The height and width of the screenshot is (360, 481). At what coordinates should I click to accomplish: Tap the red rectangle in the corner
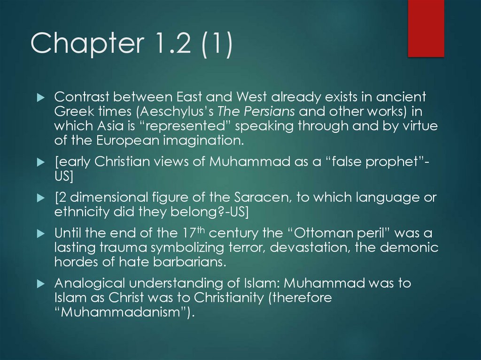point(426,28)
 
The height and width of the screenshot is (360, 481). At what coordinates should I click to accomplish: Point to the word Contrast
point(81,98)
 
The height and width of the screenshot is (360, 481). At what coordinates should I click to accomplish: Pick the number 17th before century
point(191,233)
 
